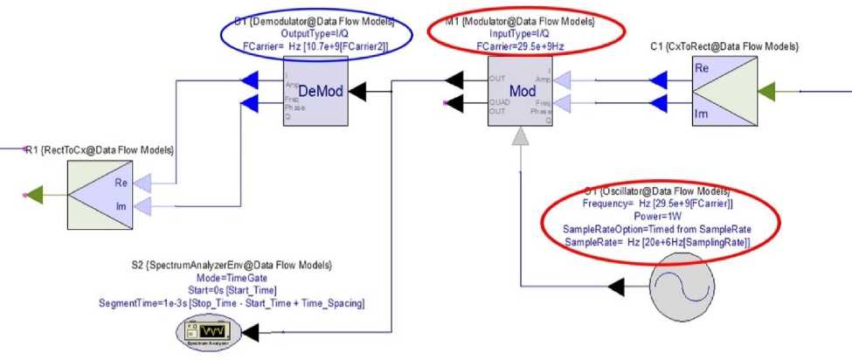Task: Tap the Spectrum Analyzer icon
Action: point(207,333)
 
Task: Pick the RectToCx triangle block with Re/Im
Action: point(97,193)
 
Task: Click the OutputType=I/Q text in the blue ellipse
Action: point(315,31)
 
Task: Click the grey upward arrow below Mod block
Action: point(521,139)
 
